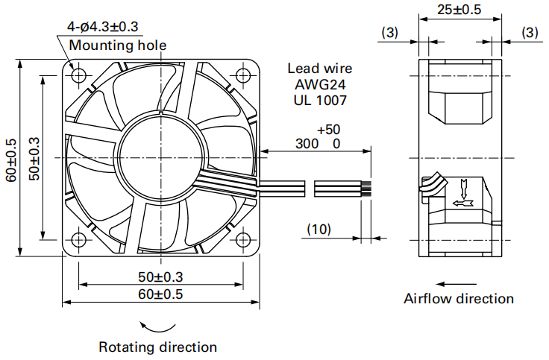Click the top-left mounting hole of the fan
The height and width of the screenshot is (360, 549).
79,75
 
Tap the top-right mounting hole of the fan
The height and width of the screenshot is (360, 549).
242,75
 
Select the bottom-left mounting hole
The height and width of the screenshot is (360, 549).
79,240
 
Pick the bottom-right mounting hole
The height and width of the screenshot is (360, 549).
242,240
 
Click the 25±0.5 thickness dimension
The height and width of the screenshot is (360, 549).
459,10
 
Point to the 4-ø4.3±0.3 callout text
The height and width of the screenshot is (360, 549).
103,27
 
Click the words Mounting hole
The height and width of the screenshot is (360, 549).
118,45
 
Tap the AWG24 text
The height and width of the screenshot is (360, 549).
320,84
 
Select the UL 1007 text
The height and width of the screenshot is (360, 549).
320,101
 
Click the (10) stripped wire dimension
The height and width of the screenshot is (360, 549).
319,229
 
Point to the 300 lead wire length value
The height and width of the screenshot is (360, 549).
307,143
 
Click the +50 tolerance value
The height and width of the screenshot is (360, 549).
328,130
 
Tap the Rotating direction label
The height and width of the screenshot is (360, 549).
158,347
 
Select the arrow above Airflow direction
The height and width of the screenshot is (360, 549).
457,284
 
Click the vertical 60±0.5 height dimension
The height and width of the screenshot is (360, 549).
11,160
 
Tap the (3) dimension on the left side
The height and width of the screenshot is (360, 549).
389,33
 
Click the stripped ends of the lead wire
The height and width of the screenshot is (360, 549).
366,189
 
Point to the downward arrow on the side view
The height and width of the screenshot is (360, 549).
464,189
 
